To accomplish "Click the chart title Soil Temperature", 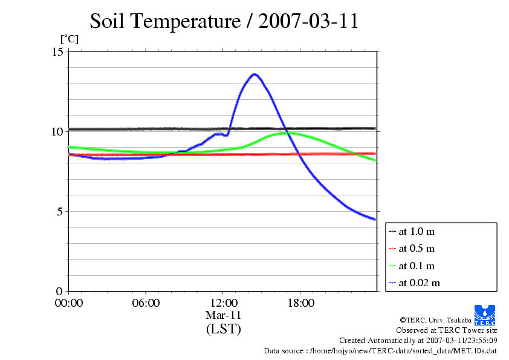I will (x=165, y=21).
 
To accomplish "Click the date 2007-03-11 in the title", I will (x=308, y=21).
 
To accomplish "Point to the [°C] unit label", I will (x=69, y=39).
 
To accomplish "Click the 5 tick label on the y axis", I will (x=60, y=211).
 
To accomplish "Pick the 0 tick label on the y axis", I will (x=60, y=291).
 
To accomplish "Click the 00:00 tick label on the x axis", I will (x=69, y=303).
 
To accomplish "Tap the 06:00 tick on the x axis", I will (x=146, y=303).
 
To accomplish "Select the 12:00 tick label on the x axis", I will (x=223, y=303).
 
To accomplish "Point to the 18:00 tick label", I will (x=300, y=303).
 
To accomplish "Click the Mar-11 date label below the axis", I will (x=223, y=315).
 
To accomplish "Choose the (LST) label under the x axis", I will (x=223, y=329).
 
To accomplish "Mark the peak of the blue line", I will (x=254, y=74).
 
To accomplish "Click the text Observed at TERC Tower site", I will (x=446, y=330).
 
